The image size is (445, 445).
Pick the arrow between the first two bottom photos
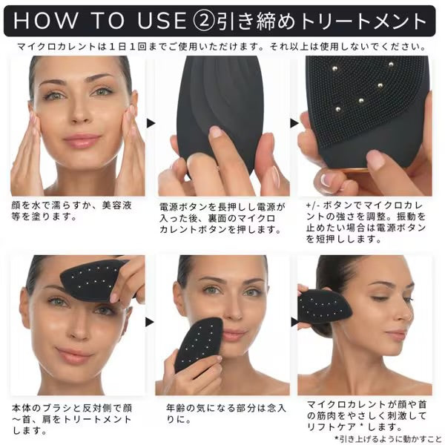tap(151, 322)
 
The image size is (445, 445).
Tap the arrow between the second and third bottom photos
tap(294, 322)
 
